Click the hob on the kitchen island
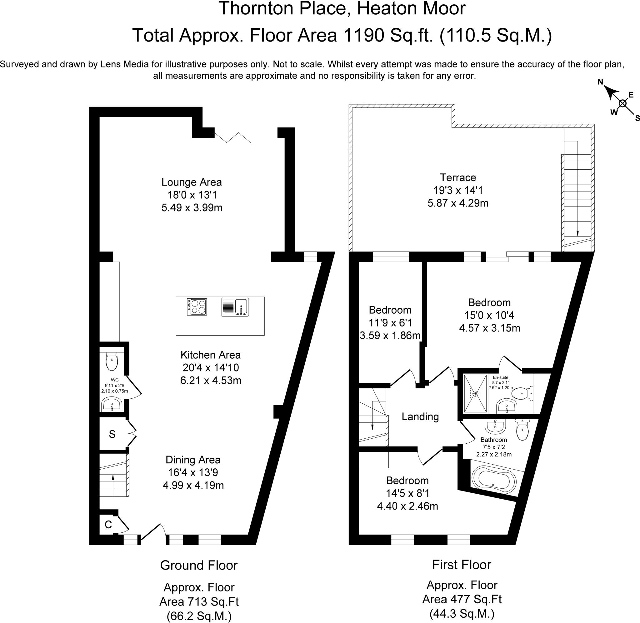(197, 307)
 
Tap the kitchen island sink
(235, 307)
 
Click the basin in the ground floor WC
(112, 405)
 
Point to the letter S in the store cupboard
(112, 434)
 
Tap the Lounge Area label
(192, 182)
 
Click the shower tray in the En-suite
(475, 394)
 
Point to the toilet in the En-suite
(522, 393)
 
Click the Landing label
(420, 416)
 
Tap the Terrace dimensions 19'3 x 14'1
(458, 190)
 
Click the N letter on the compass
(600, 82)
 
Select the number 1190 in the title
(363, 35)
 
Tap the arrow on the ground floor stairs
(113, 478)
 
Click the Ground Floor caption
(199, 565)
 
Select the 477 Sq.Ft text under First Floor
(462, 599)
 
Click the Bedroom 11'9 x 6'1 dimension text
(390, 323)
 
